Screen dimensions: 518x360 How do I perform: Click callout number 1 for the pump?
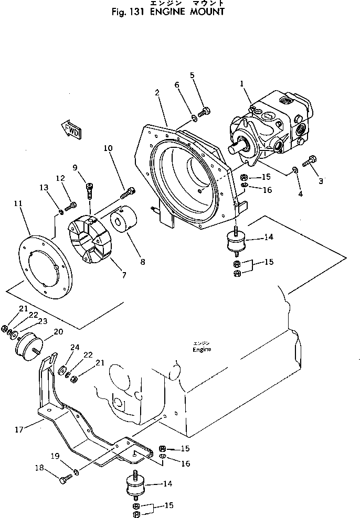pos(241,83)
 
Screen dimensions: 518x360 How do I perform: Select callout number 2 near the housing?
pos(157,93)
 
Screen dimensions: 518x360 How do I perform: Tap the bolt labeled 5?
pos(206,111)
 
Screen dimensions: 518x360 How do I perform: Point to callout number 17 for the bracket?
pos(19,429)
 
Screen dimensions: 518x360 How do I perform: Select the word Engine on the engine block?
pos(202,350)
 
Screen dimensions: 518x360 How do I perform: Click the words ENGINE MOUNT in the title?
pos(190,12)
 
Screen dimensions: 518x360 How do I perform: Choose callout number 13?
pos(43,188)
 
